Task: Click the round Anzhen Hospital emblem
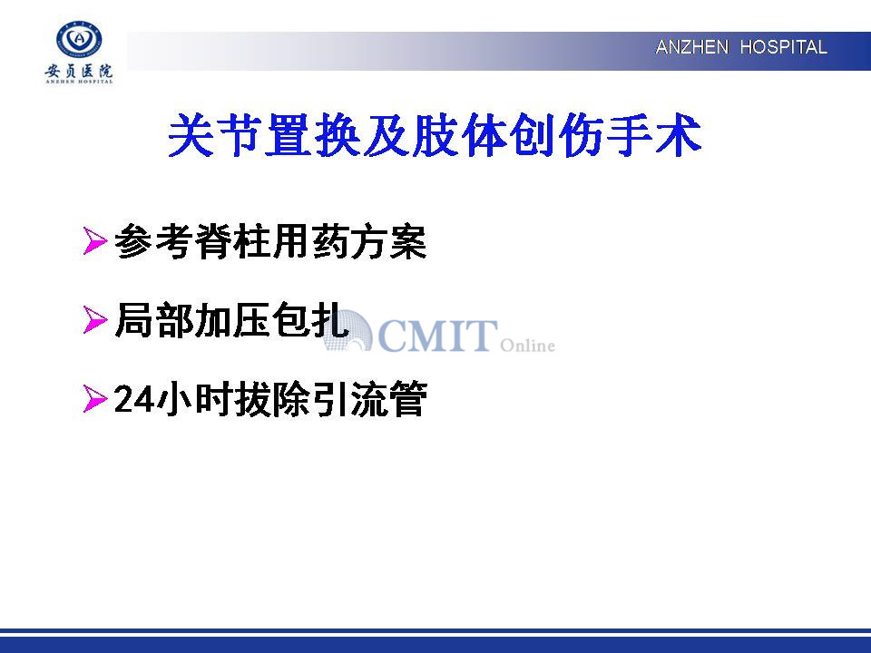79,40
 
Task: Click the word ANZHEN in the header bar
691,47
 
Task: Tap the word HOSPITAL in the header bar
783,47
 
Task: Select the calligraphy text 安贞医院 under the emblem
79,71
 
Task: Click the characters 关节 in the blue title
216,135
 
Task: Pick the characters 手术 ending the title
653,135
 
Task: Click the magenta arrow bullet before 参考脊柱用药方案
94,241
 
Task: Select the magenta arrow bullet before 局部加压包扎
94,320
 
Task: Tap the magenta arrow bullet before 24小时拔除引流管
94,399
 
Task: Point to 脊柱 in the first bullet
231,241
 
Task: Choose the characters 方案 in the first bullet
388,241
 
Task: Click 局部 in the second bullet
154,320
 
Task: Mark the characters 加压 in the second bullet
231,320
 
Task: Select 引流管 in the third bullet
369,399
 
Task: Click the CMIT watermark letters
436,336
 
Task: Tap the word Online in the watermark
528,346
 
